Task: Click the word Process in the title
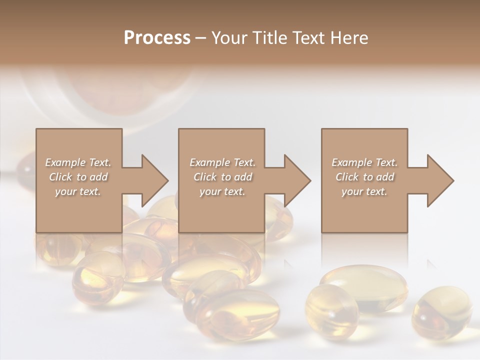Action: click(x=157, y=38)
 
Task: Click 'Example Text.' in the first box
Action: click(x=78, y=162)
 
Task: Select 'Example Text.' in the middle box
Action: click(x=222, y=162)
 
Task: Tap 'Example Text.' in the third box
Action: click(x=364, y=162)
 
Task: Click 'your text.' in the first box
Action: click(x=78, y=191)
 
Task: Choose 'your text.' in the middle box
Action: click(x=222, y=191)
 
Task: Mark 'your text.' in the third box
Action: click(x=364, y=191)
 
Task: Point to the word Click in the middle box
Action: click(x=205, y=177)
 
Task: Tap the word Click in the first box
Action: click(x=60, y=177)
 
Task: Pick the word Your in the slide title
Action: click(x=228, y=38)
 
